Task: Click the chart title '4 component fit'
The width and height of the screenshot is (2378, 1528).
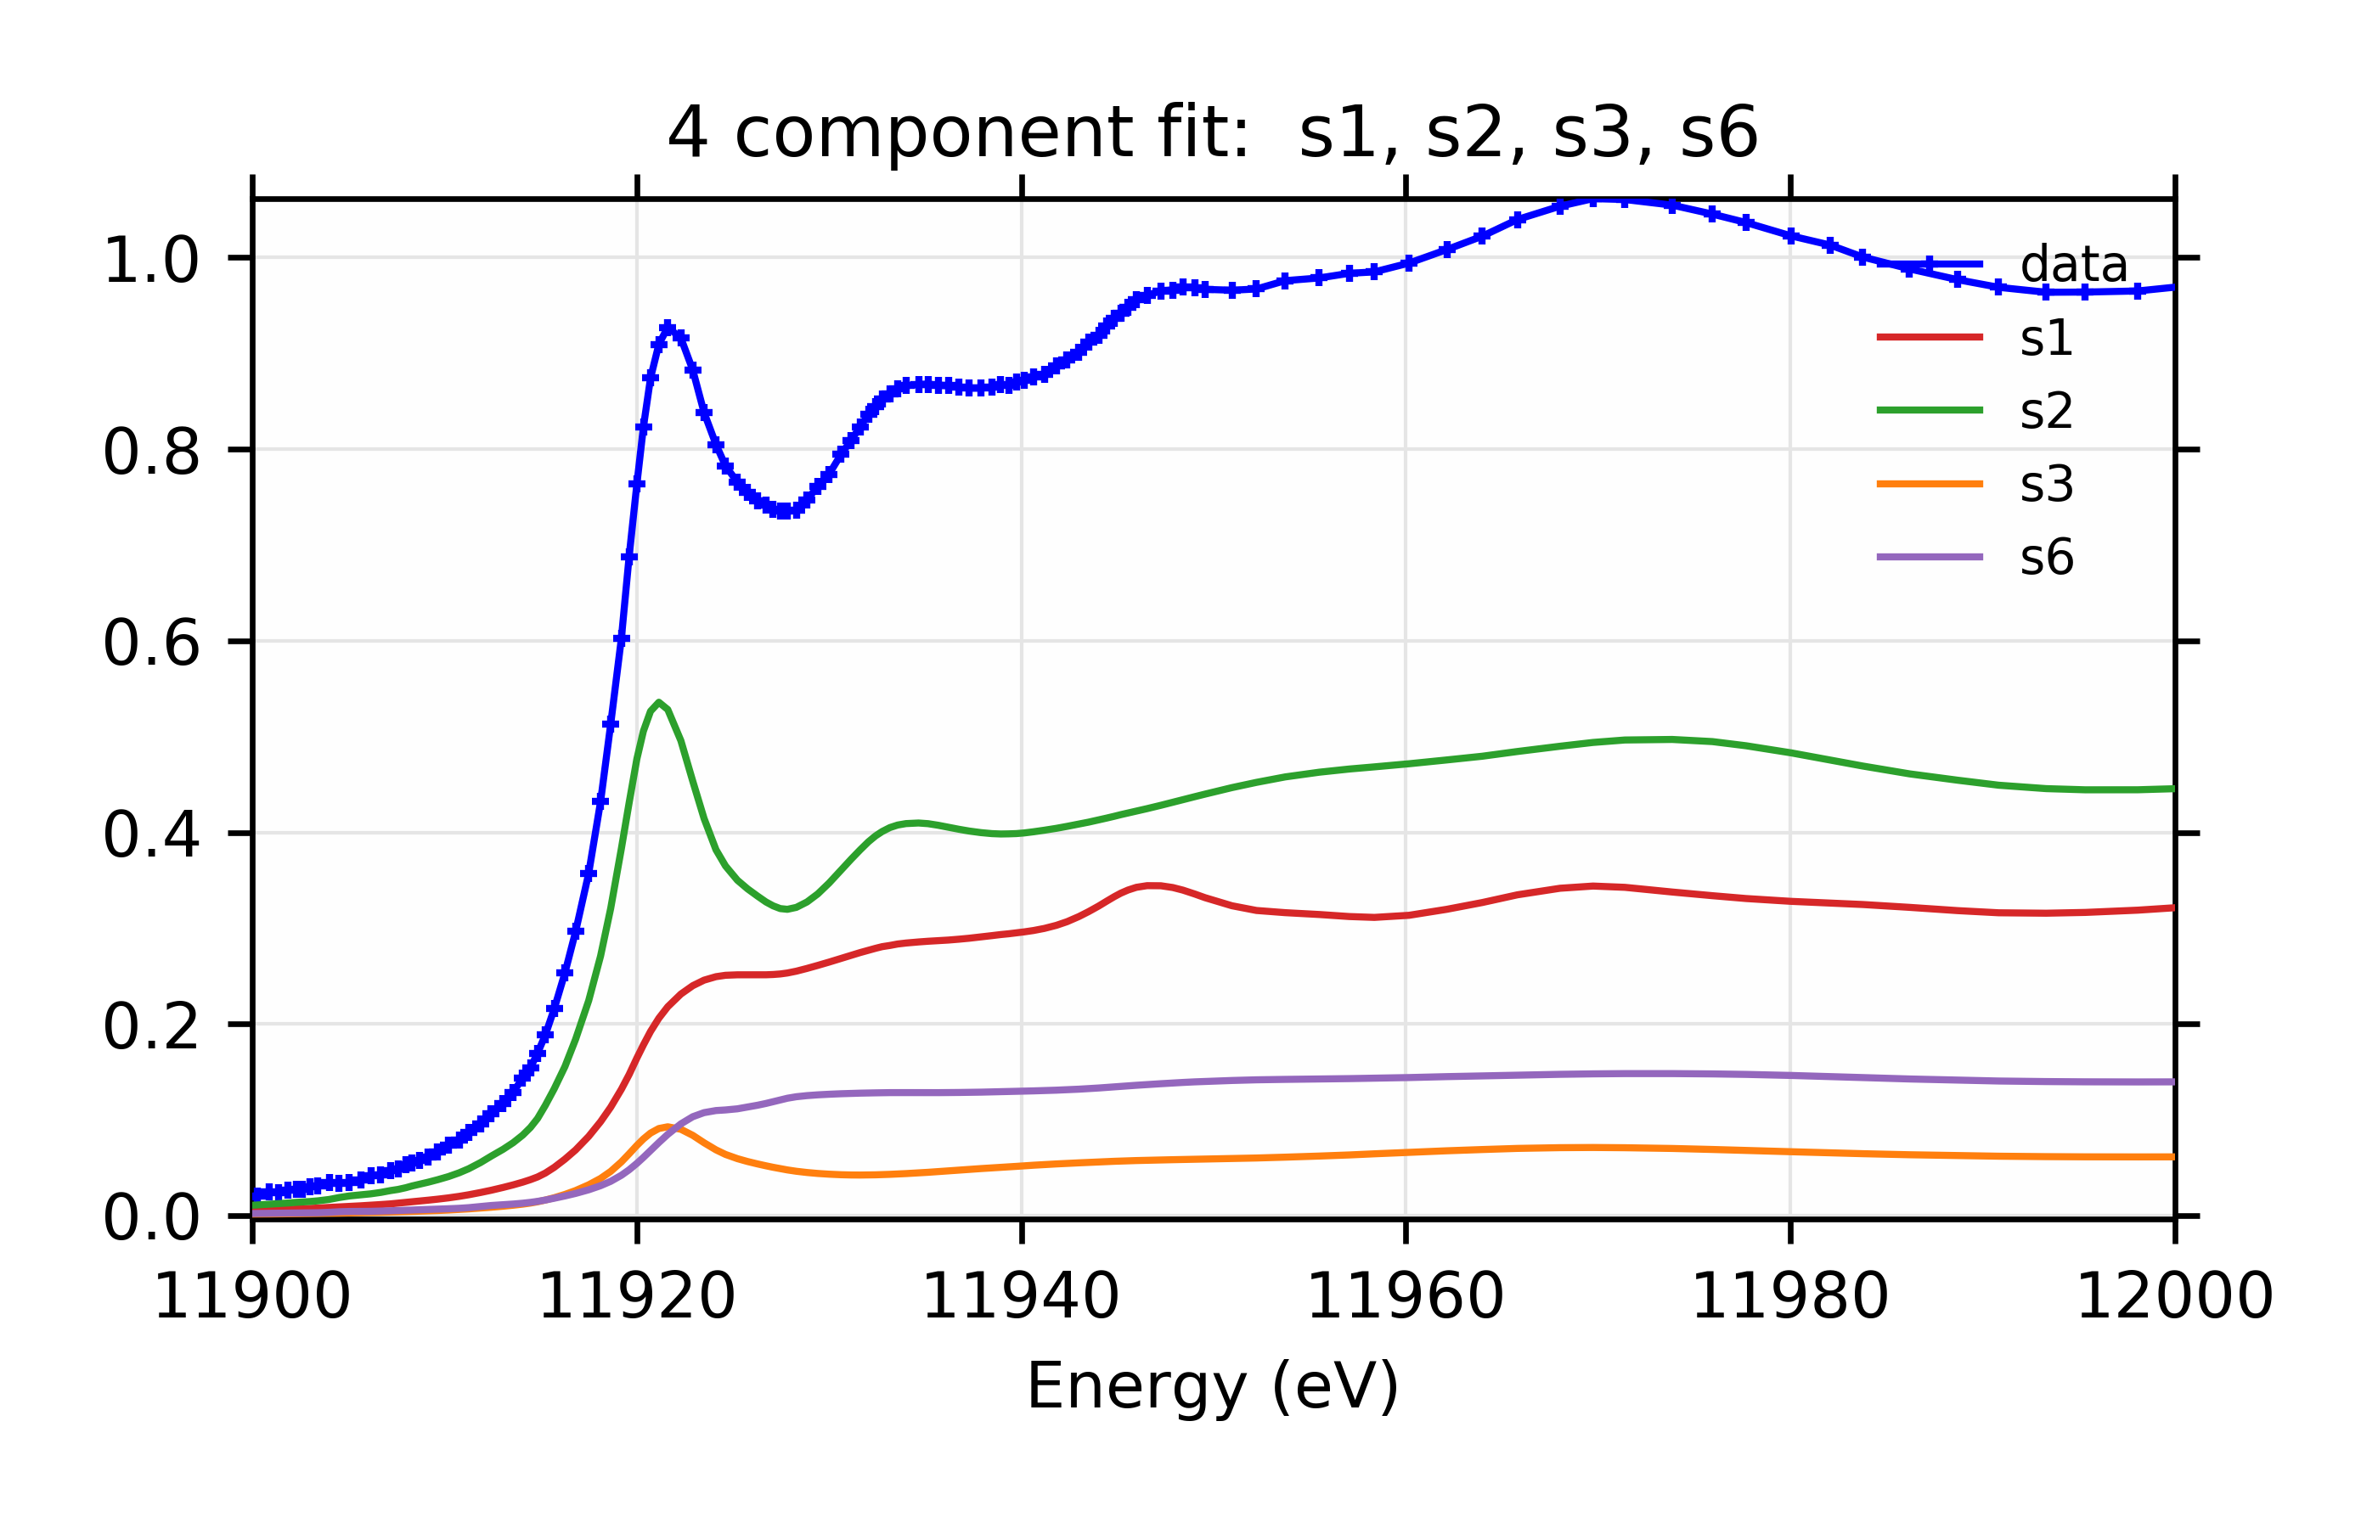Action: point(1212,133)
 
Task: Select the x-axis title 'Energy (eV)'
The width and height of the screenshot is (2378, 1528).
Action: point(1212,1385)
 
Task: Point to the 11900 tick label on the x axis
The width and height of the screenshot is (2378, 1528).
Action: point(252,1295)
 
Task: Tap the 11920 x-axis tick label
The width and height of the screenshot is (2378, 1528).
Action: point(636,1295)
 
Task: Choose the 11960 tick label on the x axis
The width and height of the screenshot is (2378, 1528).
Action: point(1405,1295)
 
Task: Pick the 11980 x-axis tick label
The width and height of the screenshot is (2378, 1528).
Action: point(1789,1295)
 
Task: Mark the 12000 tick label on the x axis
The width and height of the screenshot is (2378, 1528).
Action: point(2173,1295)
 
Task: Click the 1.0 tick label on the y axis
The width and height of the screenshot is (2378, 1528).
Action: point(151,261)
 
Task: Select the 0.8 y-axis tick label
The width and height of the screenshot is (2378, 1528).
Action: point(151,452)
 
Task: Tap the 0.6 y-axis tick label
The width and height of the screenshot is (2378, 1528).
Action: point(151,644)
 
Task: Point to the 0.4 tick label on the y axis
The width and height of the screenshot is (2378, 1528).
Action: point(151,835)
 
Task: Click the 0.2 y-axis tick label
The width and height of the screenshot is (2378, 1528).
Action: point(151,1027)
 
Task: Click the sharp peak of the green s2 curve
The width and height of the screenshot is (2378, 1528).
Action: point(658,703)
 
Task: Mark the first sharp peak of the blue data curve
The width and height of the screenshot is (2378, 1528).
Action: point(667,327)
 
